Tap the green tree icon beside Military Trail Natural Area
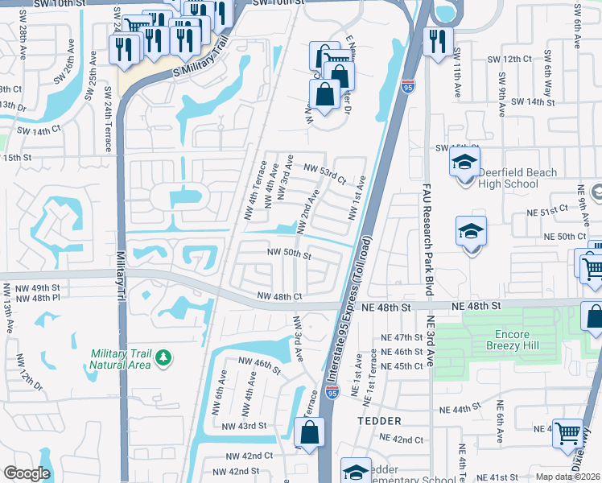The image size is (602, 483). coord(163,357)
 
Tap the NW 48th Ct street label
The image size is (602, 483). coord(279,296)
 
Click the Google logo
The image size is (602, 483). coord(27,473)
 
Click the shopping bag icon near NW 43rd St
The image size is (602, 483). coord(311,435)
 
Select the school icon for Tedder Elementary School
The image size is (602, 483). coord(357,472)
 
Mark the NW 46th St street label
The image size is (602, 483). coord(258,367)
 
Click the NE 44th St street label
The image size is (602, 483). coord(472,410)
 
